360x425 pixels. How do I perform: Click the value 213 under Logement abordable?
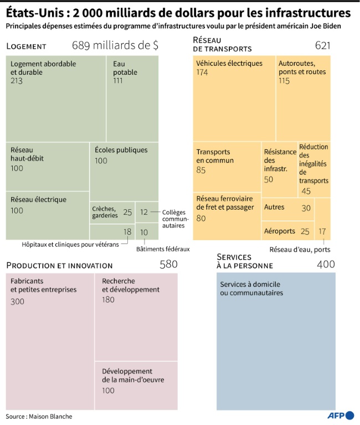pos(17,81)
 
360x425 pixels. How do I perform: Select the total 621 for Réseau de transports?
pos(323,45)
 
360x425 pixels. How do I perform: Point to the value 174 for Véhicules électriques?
pos(203,72)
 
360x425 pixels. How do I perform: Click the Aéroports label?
pos(280,231)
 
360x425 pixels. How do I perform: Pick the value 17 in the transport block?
pos(322,231)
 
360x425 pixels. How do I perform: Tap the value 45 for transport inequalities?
pos(306,191)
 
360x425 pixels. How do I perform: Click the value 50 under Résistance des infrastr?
pos(269,179)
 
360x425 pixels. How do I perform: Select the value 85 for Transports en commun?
pos(201,170)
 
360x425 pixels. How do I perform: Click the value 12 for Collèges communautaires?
pos(144,212)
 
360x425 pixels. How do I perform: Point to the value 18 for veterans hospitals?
pos(127,231)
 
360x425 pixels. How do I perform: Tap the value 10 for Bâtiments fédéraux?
pos(144,232)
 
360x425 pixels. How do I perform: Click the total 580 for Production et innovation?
pos(168,265)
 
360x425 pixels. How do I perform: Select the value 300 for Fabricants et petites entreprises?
pos(18,302)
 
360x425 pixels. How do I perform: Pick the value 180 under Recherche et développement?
pos(109,299)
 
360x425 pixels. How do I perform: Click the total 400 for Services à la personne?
pos(326,265)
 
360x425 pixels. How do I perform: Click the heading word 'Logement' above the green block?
pos(26,46)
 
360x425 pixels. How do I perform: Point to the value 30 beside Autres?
pos(306,208)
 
